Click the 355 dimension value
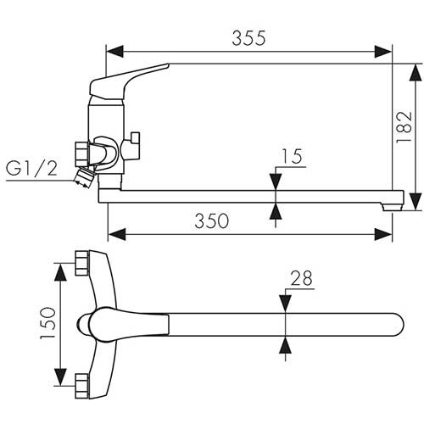click(x=248, y=38)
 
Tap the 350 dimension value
click(x=212, y=221)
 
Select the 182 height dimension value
click(x=404, y=127)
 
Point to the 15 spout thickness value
click(x=292, y=156)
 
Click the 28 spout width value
click(x=302, y=278)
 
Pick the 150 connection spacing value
click(x=47, y=323)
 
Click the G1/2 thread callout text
click(x=31, y=169)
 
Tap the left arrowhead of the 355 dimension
click(x=115, y=52)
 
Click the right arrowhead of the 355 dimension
click(x=383, y=52)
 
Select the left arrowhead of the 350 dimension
click(x=117, y=235)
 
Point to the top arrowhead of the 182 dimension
click(x=415, y=73)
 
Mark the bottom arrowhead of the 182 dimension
click(x=415, y=202)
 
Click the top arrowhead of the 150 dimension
click(x=60, y=272)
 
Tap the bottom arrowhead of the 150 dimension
click(x=60, y=377)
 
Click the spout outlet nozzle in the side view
click(x=392, y=207)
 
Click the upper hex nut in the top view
click(x=81, y=263)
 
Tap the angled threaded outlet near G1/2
click(x=84, y=177)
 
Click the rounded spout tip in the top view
click(x=397, y=325)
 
